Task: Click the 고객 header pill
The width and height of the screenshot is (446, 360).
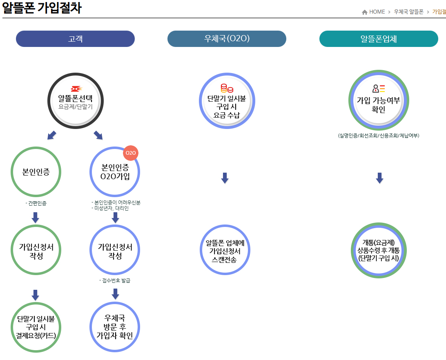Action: [x=75, y=39]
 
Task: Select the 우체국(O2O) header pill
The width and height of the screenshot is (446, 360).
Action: [x=227, y=39]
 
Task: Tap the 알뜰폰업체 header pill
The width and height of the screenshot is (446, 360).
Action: [x=379, y=39]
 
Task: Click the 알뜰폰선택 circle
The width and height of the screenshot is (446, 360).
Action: [x=76, y=101]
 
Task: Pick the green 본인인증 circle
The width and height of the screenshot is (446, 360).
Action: [x=36, y=171]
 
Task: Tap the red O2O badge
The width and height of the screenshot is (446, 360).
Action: [x=131, y=153]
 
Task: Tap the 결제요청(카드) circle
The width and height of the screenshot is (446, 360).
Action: [x=36, y=327]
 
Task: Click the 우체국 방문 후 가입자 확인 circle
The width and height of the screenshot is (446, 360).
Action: [x=115, y=327]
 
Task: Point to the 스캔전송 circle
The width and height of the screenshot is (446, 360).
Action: [x=224, y=251]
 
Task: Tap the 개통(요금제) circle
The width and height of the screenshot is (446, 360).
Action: [x=378, y=251]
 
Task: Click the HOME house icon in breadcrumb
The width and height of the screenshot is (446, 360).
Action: [x=365, y=12]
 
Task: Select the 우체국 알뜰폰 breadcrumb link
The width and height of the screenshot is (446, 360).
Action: [x=408, y=12]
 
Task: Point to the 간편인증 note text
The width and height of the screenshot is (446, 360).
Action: [x=36, y=202]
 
